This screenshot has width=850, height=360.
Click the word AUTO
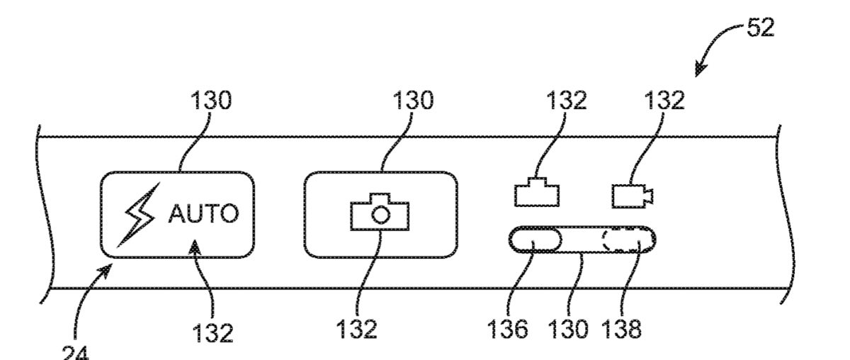(203, 215)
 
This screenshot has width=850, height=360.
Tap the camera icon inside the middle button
(381, 212)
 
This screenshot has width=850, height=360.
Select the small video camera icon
(633, 195)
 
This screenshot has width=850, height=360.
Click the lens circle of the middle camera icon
(381, 215)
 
